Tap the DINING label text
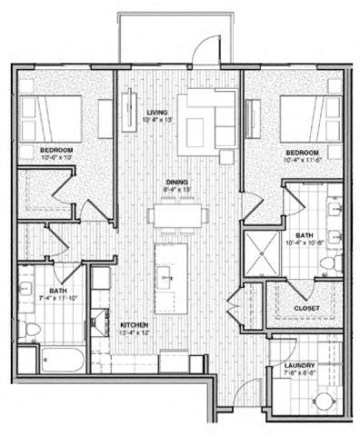click(176, 183)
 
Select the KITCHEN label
click(134, 324)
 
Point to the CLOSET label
click(305, 308)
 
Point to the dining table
click(178, 215)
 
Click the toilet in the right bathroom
click(330, 263)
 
